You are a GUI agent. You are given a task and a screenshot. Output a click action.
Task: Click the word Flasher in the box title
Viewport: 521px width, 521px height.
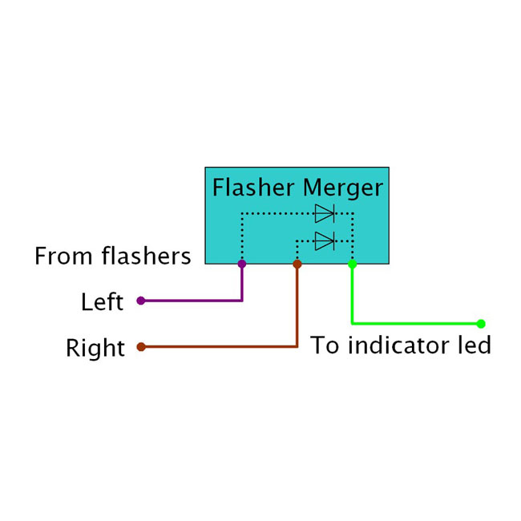(253, 188)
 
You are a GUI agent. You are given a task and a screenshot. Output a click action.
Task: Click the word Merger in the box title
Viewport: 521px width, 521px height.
(343, 189)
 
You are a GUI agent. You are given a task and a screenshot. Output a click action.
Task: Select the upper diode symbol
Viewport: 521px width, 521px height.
(324, 213)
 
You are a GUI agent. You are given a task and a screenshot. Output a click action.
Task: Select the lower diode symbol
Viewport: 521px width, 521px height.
(324, 240)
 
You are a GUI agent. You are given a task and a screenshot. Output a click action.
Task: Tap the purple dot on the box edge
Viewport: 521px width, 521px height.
(242, 263)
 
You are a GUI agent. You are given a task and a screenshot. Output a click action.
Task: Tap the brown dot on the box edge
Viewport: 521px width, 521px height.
(297, 263)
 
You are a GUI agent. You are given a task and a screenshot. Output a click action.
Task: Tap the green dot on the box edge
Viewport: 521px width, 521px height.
(352, 263)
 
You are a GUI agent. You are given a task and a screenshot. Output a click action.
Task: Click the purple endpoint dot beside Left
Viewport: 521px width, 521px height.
(141, 301)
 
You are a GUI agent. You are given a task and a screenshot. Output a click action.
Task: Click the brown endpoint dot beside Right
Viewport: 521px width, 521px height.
(141, 347)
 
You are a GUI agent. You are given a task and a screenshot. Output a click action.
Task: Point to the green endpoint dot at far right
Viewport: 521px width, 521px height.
(481, 324)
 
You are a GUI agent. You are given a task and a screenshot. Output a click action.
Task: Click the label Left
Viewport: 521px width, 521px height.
(102, 302)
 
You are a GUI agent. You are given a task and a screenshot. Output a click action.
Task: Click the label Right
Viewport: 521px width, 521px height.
(95, 349)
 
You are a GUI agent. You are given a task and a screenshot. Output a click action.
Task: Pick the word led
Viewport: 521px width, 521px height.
(474, 346)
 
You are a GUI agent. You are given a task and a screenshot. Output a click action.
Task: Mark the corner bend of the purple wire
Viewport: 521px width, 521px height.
(242, 301)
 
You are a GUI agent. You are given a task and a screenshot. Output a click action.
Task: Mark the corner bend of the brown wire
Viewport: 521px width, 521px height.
(297, 347)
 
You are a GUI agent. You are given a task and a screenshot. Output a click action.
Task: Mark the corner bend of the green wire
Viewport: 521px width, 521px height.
(352, 324)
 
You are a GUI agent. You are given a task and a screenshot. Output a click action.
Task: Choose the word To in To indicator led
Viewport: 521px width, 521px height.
(324, 346)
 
